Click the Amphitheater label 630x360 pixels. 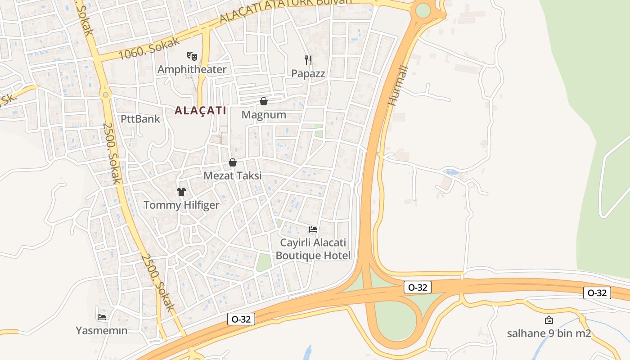192,69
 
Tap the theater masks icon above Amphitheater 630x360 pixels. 192,56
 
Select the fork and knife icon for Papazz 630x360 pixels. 308,60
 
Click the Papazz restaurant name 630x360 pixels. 308,73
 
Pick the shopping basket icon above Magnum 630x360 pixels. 264,101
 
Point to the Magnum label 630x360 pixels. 264,115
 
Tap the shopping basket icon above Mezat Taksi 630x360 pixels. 233,162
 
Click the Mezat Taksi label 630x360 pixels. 233,175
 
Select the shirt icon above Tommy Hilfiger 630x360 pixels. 181,192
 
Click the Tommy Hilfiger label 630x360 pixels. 181,205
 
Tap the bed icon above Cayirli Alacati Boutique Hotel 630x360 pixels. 313,229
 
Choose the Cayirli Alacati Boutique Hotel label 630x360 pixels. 313,249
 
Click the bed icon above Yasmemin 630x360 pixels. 102,317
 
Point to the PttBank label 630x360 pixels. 140,119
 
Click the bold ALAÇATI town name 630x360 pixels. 200,111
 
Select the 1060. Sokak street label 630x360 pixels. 149,49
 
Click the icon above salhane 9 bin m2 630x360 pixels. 549,320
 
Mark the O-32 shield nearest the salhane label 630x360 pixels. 597,293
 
